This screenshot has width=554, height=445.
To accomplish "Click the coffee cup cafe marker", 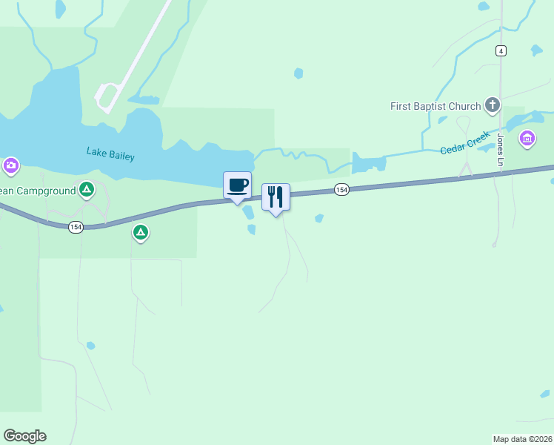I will click(237, 185).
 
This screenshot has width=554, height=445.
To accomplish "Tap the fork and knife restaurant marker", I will click(276, 197).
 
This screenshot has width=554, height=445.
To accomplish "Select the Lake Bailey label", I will click(110, 154).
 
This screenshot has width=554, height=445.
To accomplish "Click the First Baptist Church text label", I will click(435, 106).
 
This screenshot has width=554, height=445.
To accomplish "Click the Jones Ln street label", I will click(501, 151).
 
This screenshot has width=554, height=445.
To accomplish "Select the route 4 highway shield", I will click(501, 50).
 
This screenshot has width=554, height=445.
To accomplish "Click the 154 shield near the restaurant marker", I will click(341, 190).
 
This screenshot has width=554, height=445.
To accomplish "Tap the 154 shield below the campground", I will click(76, 227).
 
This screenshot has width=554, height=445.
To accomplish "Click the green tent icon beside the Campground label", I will click(87, 190).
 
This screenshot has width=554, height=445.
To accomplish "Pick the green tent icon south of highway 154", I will click(140, 233).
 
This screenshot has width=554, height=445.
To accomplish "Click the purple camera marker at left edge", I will click(10, 165).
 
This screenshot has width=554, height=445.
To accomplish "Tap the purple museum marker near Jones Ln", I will click(527, 138).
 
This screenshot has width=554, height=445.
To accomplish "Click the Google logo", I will click(24, 436).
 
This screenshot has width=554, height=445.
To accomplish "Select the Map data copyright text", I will click(523, 439).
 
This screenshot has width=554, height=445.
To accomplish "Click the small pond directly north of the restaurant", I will click(298, 73).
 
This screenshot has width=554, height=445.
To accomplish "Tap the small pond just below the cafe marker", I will click(248, 212).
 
